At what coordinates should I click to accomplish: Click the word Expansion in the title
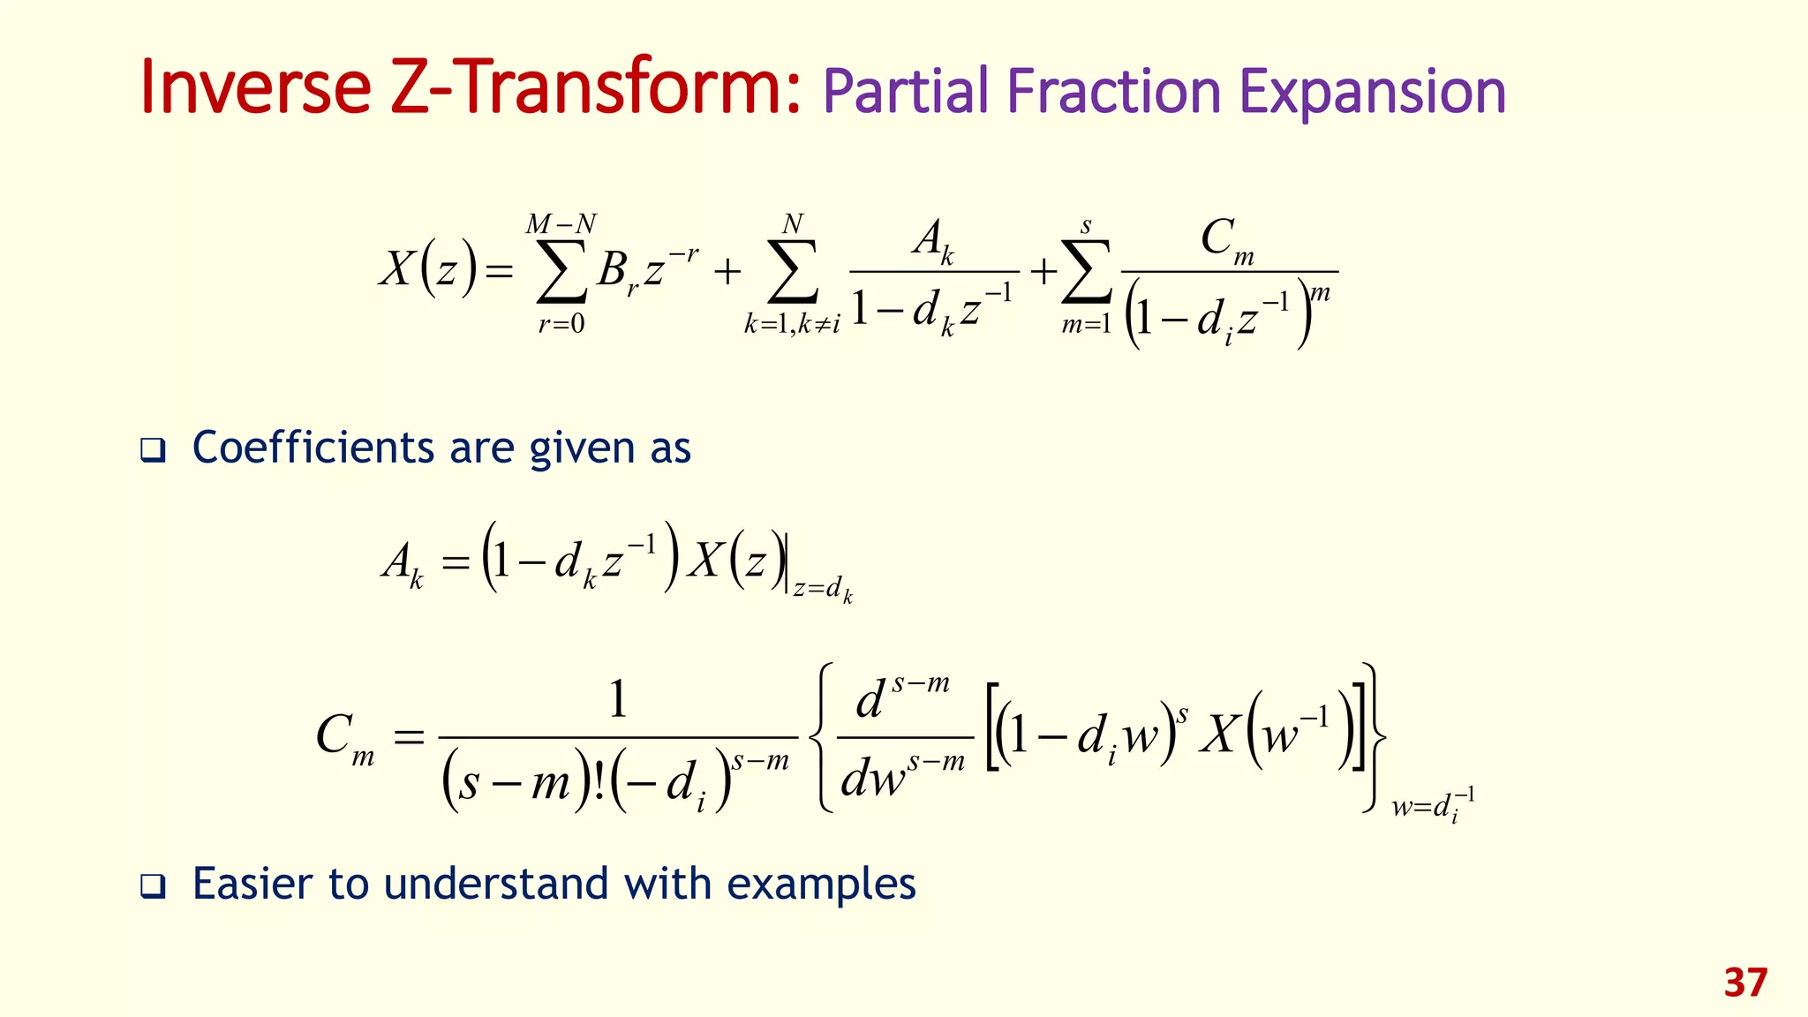tap(1373, 94)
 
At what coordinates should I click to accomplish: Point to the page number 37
tap(1745, 983)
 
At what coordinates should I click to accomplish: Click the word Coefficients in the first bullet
tap(313, 448)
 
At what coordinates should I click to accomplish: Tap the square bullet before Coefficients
tap(153, 451)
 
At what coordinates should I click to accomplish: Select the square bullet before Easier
tap(153, 886)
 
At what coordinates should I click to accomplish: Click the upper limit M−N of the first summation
tap(561, 224)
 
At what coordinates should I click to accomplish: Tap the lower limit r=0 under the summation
tap(561, 324)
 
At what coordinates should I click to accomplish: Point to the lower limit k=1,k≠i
tap(791, 324)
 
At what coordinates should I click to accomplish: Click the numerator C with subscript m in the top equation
tap(1226, 239)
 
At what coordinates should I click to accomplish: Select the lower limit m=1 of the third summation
tap(1086, 325)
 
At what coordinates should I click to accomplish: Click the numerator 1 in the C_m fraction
tap(618, 699)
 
